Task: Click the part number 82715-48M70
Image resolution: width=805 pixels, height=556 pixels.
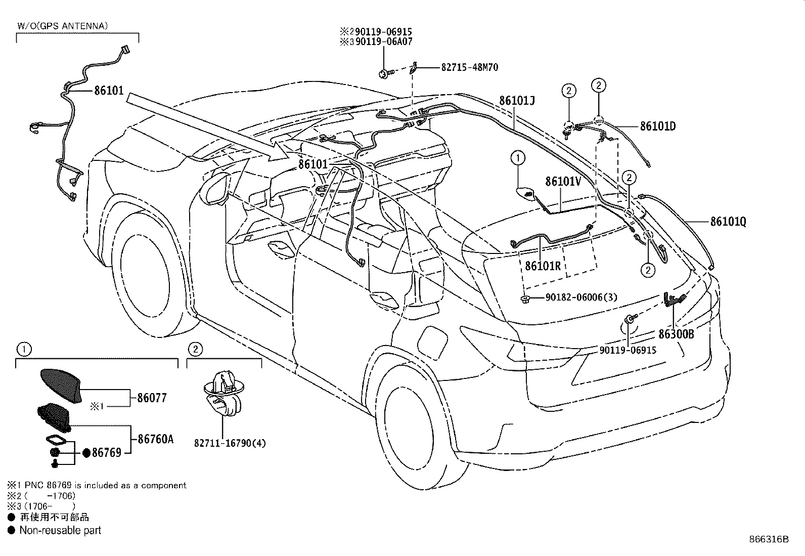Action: pyautogui.click(x=469, y=67)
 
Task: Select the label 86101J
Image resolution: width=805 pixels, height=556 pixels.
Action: pyautogui.click(x=517, y=100)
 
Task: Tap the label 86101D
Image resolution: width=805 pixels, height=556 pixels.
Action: pyautogui.click(x=658, y=126)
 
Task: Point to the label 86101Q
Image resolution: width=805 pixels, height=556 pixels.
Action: pyautogui.click(x=728, y=222)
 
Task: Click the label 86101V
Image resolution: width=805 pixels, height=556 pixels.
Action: pyautogui.click(x=563, y=181)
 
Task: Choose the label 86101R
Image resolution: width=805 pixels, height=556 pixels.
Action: pyautogui.click(x=543, y=266)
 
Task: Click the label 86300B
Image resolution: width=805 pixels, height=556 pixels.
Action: pyautogui.click(x=676, y=334)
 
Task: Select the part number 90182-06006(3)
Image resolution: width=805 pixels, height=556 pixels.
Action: pyautogui.click(x=581, y=297)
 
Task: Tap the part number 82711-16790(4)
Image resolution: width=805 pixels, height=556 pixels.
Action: pyautogui.click(x=230, y=443)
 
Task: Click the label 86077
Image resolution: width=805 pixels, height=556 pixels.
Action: pyautogui.click(x=152, y=398)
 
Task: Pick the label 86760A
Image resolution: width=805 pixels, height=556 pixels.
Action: pyautogui.click(x=156, y=439)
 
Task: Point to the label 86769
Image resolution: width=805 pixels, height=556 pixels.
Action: pyautogui.click(x=106, y=452)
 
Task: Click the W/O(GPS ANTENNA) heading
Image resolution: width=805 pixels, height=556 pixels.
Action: pyautogui.click(x=63, y=26)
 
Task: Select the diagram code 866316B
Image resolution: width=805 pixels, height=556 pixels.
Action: pyautogui.click(x=769, y=539)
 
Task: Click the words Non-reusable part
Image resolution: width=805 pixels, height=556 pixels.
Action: pyautogui.click(x=60, y=530)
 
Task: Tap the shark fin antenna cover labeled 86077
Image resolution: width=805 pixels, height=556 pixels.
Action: pyautogui.click(x=61, y=386)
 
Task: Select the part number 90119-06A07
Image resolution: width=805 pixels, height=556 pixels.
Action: pyautogui.click(x=384, y=41)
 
